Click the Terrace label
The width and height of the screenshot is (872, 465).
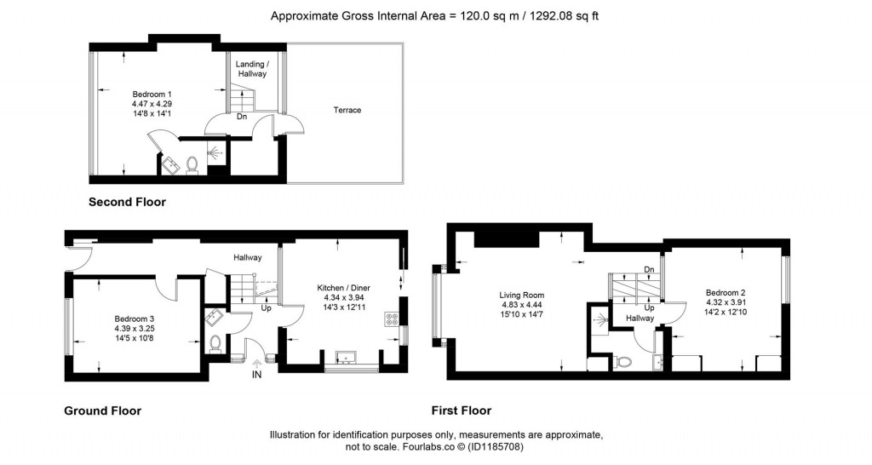tap(347, 110)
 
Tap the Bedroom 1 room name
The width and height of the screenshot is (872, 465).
tap(152, 93)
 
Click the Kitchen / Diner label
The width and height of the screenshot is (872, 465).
tap(343, 288)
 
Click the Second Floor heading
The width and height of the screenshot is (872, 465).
tap(127, 203)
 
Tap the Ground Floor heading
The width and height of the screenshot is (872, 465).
tap(102, 410)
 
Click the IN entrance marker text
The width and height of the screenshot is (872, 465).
tap(257, 373)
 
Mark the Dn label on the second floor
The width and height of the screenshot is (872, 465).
tap(242, 118)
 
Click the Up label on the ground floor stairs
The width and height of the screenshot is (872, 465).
tap(266, 307)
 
